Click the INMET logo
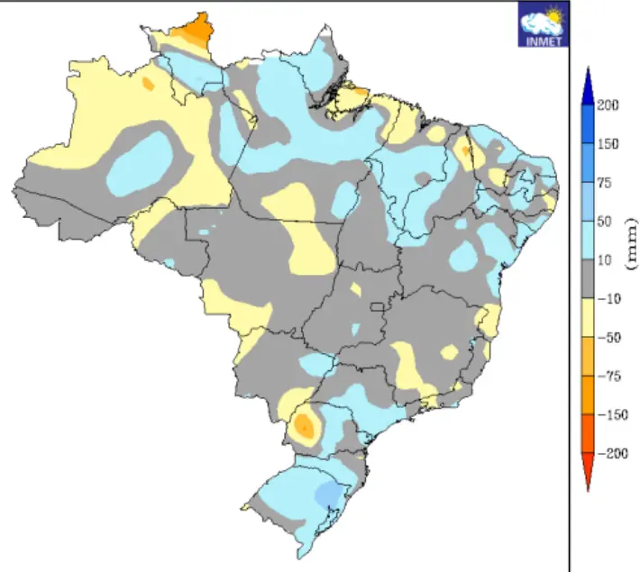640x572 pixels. (541, 23)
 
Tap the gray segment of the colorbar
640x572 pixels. (587, 279)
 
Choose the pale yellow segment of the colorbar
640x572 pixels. (587, 318)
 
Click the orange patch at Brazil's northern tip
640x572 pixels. (193, 31)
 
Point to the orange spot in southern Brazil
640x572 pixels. (306, 425)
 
